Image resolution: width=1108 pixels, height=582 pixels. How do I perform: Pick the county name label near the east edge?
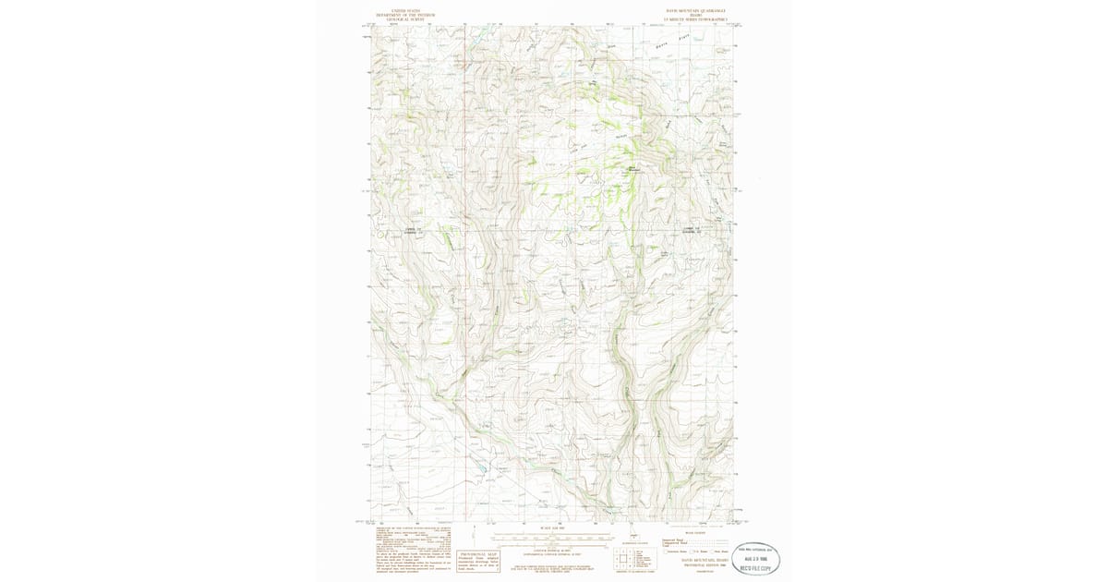[692, 230]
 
